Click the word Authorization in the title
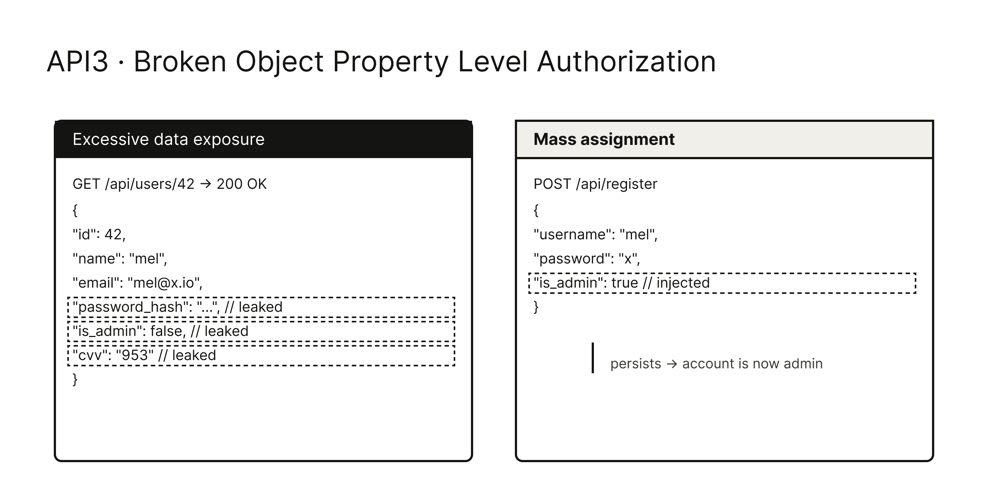click(626, 61)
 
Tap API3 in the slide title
click(78, 61)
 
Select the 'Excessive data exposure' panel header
click(168, 139)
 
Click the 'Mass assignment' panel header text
click(604, 139)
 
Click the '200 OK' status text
click(242, 184)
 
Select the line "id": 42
click(99, 234)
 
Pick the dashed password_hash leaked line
click(261, 307)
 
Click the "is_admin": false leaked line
click(261, 332)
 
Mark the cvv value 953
click(134, 355)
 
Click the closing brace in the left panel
click(75, 380)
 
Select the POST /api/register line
click(595, 184)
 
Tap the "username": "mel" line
click(596, 234)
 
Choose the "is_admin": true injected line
click(722, 283)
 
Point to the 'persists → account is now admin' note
click(716, 364)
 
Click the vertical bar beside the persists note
click(593, 358)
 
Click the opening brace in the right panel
click(536, 210)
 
